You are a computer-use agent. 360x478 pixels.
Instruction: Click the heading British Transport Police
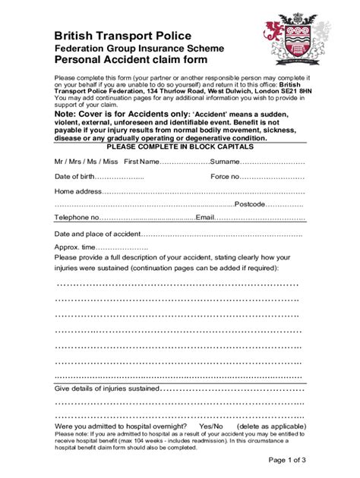[x=122, y=36]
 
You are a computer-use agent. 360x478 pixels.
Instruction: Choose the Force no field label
[x=226, y=176]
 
